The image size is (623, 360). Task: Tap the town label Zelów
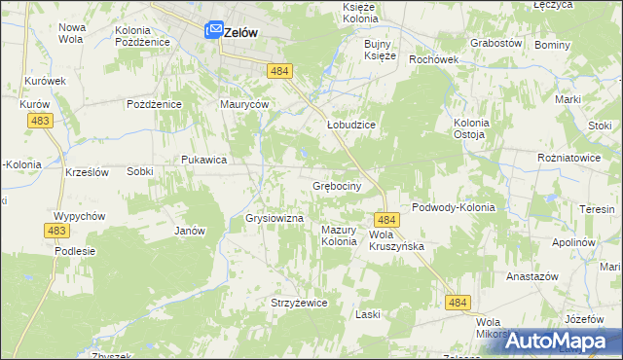[x=240, y=32]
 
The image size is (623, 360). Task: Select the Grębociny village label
[x=337, y=185]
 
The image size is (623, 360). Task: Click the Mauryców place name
[x=244, y=104]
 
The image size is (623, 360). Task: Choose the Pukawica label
[x=204, y=160]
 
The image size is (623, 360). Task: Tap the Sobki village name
[x=140, y=171]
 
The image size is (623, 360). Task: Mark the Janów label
[x=189, y=232]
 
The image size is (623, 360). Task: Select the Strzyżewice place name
[x=299, y=303]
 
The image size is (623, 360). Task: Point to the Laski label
[x=367, y=314]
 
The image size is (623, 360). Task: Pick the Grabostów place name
[x=496, y=44]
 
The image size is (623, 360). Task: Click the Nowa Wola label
[x=72, y=33]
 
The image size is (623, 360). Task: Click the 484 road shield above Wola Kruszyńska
[x=385, y=221]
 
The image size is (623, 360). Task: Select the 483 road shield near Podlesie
[x=55, y=230]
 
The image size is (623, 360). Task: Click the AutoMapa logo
[x=563, y=341]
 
